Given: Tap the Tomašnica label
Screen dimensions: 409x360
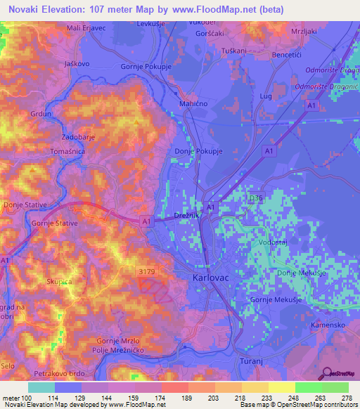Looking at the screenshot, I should (x=68, y=152).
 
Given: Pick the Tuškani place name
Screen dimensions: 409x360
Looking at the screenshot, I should (x=233, y=51).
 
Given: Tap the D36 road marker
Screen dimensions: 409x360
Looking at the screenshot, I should (x=256, y=199).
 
